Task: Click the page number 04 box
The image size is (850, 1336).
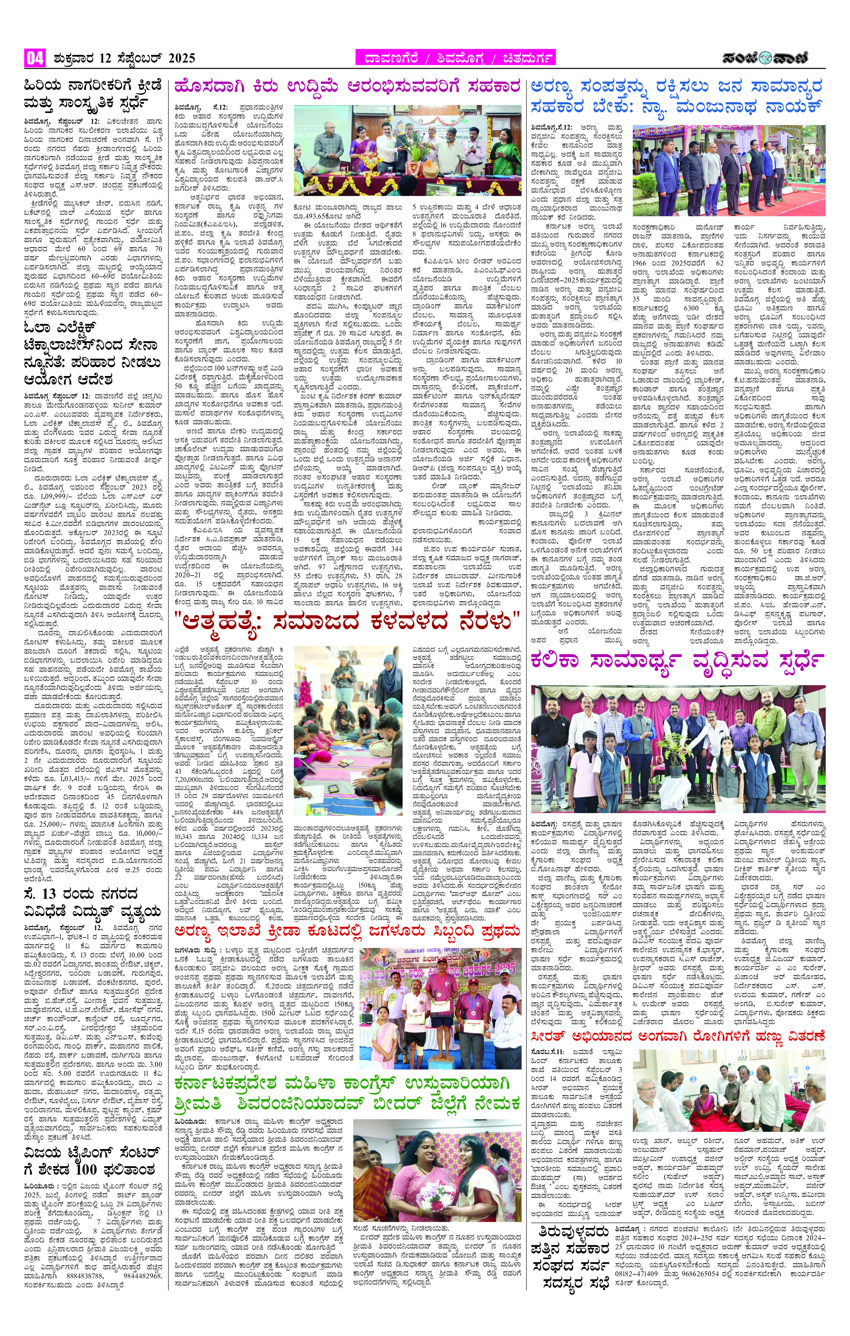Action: click(x=35, y=58)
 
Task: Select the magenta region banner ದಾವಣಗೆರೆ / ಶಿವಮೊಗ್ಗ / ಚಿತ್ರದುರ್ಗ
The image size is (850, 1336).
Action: click(x=455, y=58)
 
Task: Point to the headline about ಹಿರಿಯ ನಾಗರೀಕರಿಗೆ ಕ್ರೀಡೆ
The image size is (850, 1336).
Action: click(x=93, y=95)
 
